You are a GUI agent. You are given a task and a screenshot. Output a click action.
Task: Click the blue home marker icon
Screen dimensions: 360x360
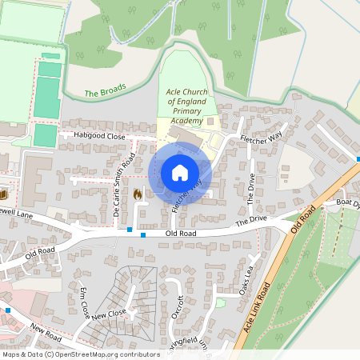pos(180,172)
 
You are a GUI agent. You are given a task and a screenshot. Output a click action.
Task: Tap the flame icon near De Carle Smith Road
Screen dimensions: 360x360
pos(137,194)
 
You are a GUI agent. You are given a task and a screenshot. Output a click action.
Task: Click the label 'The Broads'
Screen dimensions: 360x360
pos(104,93)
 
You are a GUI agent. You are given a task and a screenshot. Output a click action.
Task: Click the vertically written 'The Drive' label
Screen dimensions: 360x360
pos(250,190)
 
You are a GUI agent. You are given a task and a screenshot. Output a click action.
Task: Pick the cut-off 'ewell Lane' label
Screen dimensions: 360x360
pos(17,214)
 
